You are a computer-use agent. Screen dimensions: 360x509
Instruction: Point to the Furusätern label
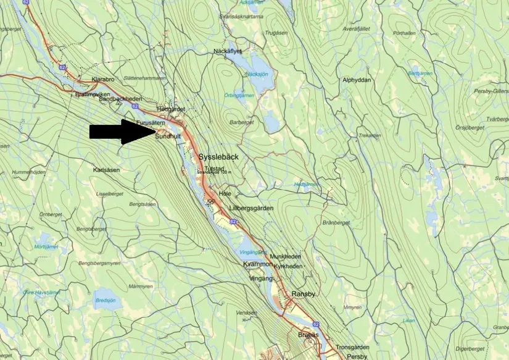(x=150, y=123)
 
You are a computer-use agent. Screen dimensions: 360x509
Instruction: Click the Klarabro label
(x=102, y=80)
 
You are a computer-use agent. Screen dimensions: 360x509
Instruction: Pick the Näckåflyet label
(x=228, y=51)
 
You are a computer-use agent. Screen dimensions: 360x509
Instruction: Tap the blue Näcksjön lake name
(x=257, y=73)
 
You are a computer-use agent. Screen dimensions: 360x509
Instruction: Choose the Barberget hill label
(x=242, y=122)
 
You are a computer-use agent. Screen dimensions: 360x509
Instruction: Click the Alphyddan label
(x=357, y=80)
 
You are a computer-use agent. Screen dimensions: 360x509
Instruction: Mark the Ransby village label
(x=303, y=294)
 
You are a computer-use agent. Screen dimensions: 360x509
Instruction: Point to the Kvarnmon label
(x=257, y=264)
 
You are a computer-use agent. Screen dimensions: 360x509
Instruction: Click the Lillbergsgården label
(x=250, y=209)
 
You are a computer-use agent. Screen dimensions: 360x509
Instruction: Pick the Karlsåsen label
(x=106, y=169)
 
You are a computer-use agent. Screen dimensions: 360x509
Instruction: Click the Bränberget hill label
(x=336, y=222)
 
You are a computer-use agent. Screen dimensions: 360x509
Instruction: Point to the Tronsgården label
(x=352, y=347)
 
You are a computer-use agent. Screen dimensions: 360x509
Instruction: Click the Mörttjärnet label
(x=46, y=246)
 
